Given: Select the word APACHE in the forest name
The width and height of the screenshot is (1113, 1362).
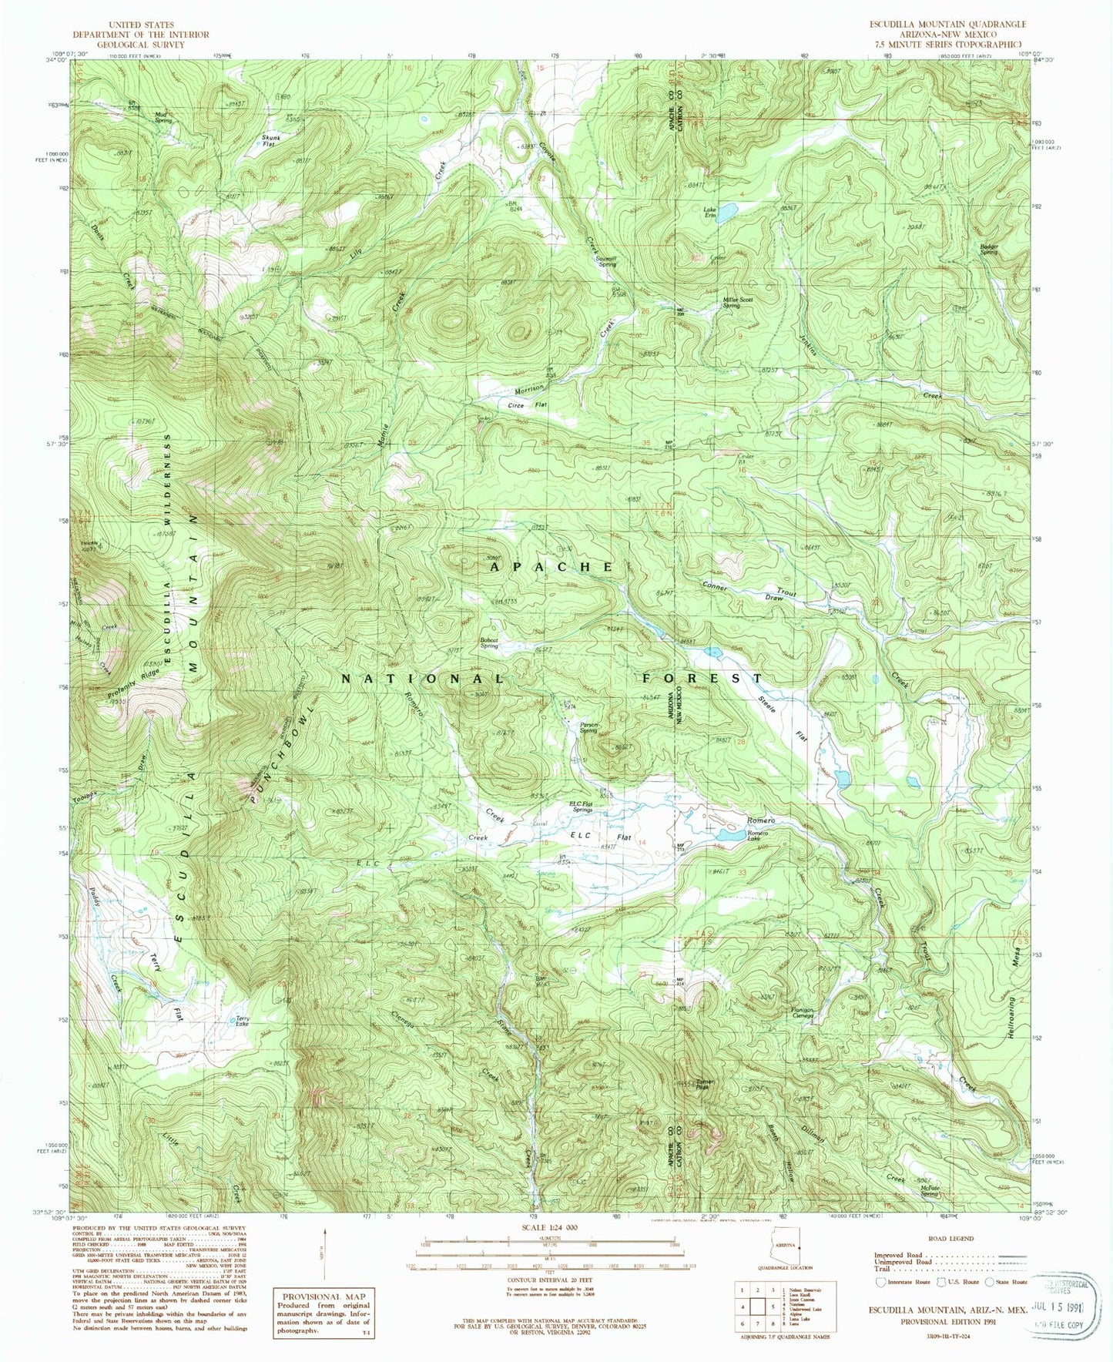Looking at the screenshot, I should click(551, 566).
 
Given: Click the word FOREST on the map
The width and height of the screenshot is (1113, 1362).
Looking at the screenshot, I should click(702, 678).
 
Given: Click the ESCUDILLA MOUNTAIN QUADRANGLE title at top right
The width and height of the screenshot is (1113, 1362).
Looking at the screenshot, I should click(942, 25).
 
